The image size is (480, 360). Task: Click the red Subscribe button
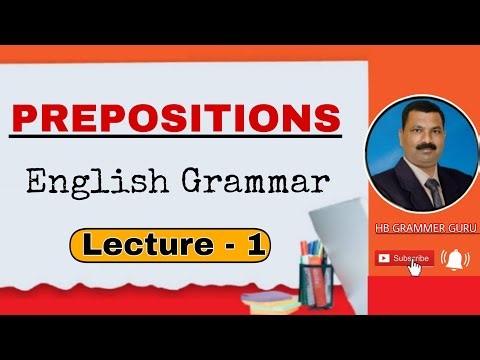point(405,258)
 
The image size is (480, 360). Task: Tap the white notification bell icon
point(455,258)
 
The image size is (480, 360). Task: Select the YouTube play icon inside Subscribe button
point(384,258)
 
